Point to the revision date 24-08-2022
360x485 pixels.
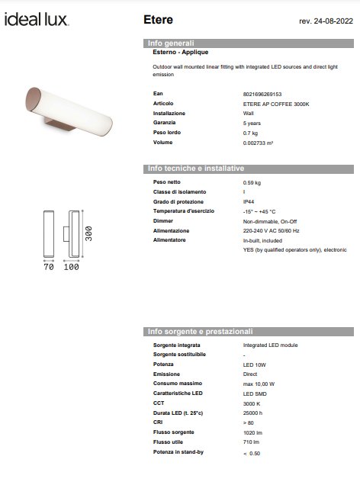(324, 19)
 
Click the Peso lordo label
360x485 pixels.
(168, 132)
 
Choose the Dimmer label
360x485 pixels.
(162, 220)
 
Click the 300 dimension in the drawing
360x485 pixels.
(89, 233)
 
